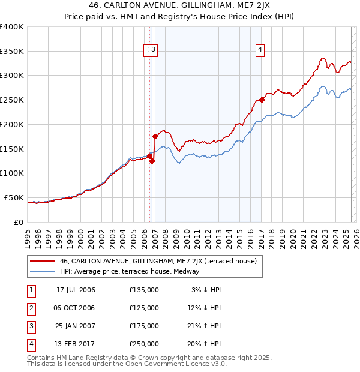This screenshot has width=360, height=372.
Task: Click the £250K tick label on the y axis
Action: click(12, 100)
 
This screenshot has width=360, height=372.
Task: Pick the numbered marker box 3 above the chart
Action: click(154, 50)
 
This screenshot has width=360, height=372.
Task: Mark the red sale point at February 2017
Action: click(262, 100)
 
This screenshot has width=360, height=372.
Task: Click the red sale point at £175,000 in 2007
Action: click(155, 136)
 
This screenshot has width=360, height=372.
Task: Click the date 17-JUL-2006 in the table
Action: click(76, 290)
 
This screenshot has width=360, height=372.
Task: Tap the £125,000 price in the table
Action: click(144, 308)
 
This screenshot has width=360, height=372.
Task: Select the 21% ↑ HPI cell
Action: click(207, 326)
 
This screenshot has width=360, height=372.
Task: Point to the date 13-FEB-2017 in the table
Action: click(76, 344)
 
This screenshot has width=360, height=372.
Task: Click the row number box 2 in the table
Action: click(31, 308)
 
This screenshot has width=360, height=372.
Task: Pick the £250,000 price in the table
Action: click(144, 344)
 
